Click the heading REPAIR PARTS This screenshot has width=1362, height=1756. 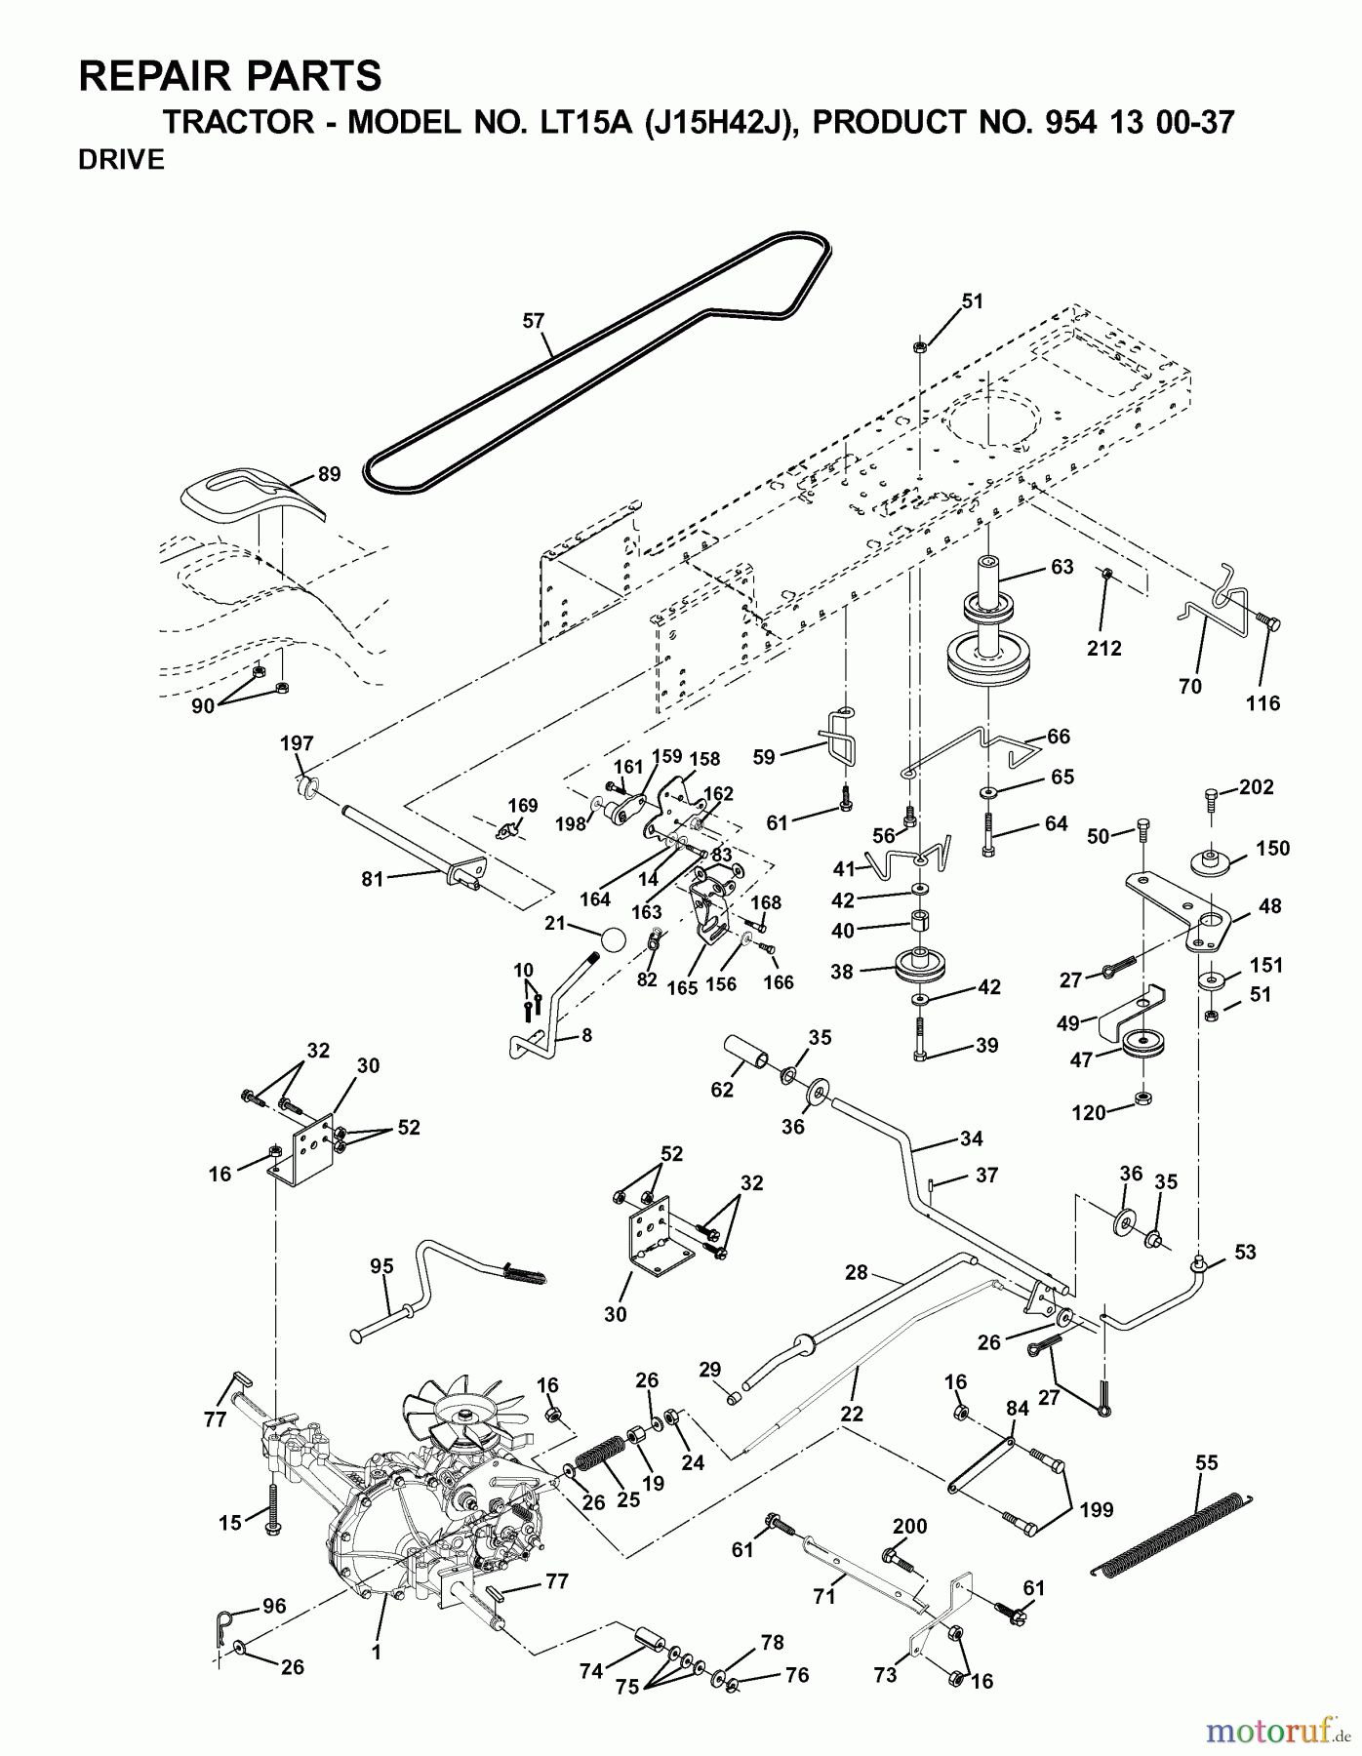point(229,75)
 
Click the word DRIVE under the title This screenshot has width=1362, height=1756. point(121,160)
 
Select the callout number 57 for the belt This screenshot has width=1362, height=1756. point(534,321)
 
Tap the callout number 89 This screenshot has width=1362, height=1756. point(330,474)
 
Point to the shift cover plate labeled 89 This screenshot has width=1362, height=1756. point(252,500)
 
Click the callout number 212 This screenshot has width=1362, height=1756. point(1104,648)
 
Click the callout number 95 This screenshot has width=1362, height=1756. point(381,1266)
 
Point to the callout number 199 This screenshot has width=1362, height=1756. point(1097,1510)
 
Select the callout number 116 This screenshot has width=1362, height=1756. point(1262,703)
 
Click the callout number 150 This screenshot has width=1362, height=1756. point(1272,849)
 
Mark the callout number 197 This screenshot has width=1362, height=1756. point(297,743)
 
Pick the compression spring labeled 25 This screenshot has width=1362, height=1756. point(600,1458)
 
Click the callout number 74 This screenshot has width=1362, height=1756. point(591,1671)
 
